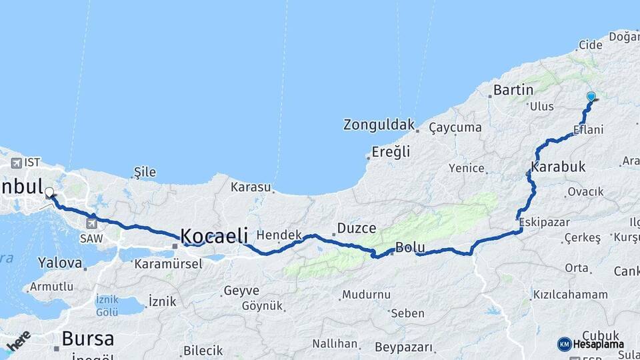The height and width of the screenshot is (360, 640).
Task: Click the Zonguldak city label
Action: coord(379,125)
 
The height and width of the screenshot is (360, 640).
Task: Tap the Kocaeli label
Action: coord(214,235)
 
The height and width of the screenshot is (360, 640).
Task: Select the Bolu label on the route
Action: coord(410,247)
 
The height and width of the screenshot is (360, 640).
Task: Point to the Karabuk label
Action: coord(559,166)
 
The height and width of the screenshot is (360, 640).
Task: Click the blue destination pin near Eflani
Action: coord(591,97)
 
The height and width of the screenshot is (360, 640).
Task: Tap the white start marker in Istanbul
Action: coord(49,193)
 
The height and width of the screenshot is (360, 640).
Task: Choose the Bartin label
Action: coord(513,89)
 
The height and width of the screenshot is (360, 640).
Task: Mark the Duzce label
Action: coord(357,227)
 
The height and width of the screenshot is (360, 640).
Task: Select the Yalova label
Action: coord(59,262)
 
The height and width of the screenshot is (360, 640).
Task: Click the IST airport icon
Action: coord(17,163)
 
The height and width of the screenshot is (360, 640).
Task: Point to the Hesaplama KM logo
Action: coord(591,344)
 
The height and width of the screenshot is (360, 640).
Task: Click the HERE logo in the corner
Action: coord(18,341)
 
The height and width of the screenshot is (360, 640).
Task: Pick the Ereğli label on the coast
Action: coord(391,152)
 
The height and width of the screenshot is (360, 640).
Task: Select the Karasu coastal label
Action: coord(251,187)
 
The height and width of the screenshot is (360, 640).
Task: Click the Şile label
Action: coord(145,172)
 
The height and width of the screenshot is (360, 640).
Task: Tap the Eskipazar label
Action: coord(543,222)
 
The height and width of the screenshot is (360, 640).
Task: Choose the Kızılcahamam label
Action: coord(570,294)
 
